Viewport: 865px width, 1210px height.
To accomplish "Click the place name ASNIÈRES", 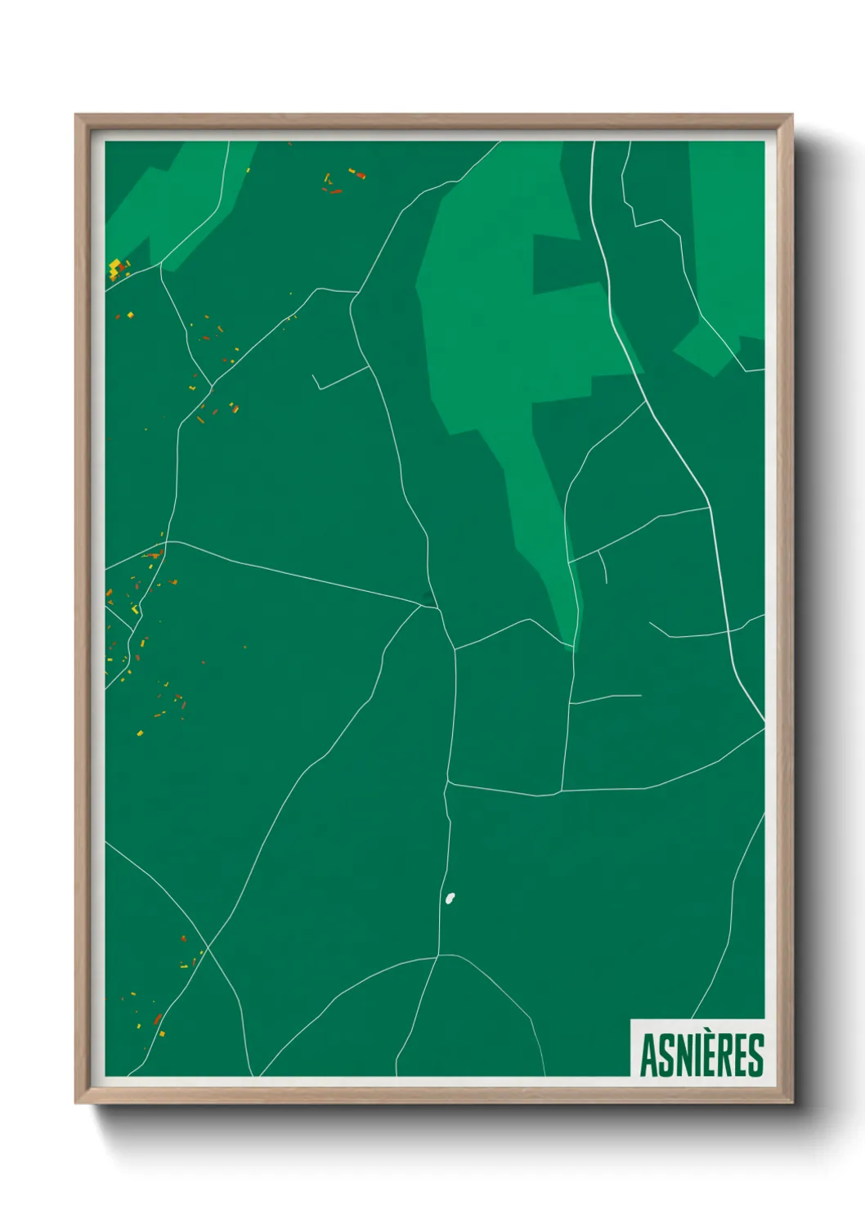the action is click(x=701, y=1055).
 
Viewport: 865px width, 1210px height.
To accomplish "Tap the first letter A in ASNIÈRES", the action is click(x=648, y=1055).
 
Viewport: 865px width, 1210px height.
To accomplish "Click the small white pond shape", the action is click(x=450, y=899).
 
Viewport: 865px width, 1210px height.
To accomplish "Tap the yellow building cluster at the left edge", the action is click(x=117, y=268).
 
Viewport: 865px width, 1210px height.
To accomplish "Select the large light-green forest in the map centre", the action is click(x=491, y=327).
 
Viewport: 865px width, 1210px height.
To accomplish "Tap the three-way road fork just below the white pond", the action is click(x=439, y=955).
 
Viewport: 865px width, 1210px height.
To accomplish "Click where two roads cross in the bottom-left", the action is click(x=208, y=948).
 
